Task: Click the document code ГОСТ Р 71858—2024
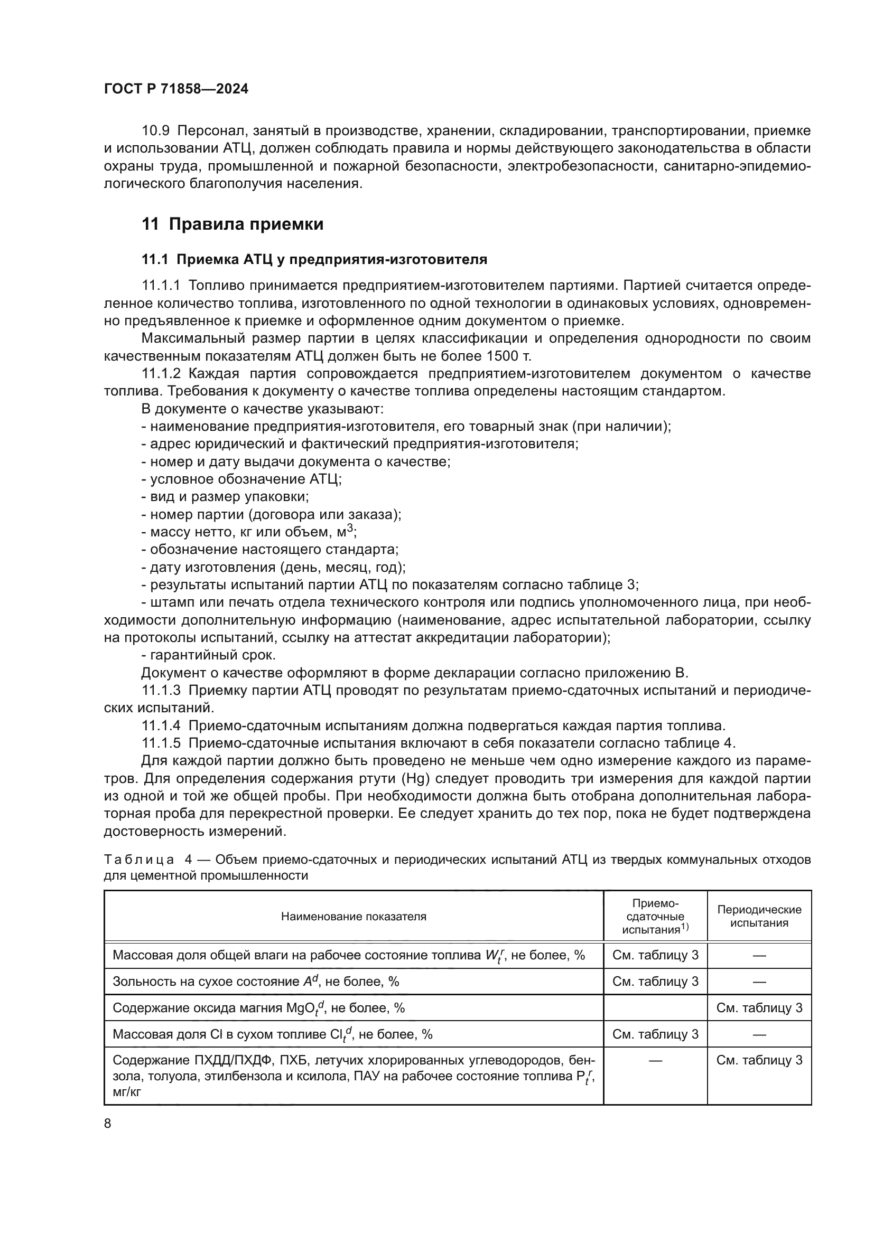pos(176,89)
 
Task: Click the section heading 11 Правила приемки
pos(233,224)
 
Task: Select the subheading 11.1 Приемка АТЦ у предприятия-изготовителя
pos(314,260)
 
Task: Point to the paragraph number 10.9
pos(155,131)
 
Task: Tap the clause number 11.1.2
pos(162,374)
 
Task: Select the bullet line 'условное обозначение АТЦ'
pos(241,479)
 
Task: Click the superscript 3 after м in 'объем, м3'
pos(350,528)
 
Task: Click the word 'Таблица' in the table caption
pos(139,860)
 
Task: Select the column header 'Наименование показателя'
pos(354,917)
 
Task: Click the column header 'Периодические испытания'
pos(759,916)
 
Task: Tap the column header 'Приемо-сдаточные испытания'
pos(655,917)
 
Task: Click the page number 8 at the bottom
pos(108,1124)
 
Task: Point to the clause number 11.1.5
pos(162,743)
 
